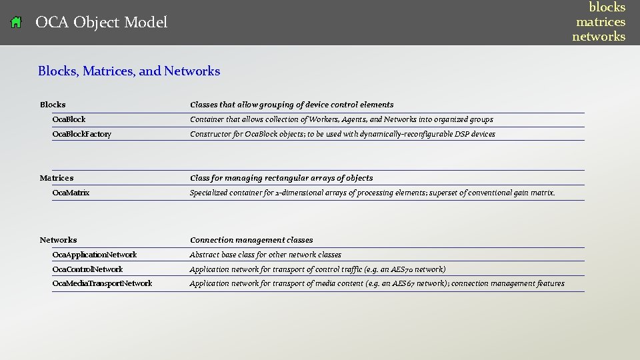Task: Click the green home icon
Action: coord(17,23)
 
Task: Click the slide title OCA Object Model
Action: coord(101,23)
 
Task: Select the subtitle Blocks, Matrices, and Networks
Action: coord(129,71)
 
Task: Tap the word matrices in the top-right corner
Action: coord(601,22)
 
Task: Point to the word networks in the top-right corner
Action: coord(599,37)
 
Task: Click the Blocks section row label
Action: coord(53,105)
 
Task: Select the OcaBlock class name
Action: coord(69,119)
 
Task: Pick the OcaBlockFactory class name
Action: coord(81,134)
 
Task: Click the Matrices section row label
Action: coord(57,178)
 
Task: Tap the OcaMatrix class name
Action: coord(71,193)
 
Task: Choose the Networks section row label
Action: coord(58,240)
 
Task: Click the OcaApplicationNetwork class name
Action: coord(94,255)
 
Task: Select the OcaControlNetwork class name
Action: coord(87,269)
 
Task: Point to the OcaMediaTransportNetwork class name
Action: coord(102,283)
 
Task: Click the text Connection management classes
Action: coord(251,240)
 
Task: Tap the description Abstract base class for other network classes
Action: coord(265,255)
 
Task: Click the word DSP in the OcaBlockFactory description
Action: coord(463,134)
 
